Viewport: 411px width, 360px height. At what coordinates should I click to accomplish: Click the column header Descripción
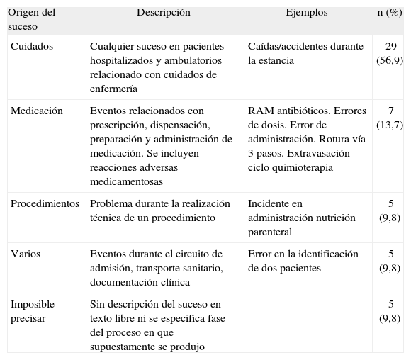(x=164, y=12)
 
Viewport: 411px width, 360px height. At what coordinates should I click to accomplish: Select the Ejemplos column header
(x=306, y=12)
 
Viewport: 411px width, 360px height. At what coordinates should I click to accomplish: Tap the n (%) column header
(x=388, y=12)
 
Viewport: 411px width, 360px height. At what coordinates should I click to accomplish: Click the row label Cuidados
(x=31, y=46)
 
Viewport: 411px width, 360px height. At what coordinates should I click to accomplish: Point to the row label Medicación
(x=36, y=111)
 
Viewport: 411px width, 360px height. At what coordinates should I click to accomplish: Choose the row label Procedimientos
(x=45, y=204)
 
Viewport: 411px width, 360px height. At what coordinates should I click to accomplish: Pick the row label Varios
(x=26, y=254)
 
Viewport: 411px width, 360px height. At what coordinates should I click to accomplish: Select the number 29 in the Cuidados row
(x=391, y=46)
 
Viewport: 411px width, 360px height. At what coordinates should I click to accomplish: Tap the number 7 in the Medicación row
(x=391, y=111)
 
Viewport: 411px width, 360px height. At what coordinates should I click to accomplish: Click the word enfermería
(x=113, y=89)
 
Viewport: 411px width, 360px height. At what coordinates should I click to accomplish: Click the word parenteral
(x=269, y=232)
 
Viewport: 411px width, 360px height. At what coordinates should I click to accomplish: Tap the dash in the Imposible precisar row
(x=251, y=305)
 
